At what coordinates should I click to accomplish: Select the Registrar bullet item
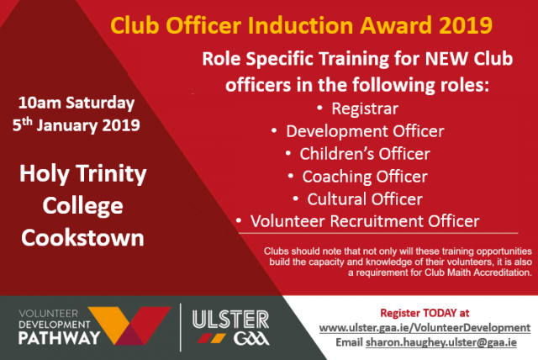tap(365, 109)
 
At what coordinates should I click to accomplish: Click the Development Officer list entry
tap(365, 131)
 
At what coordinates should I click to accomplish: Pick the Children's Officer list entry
tap(365, 154)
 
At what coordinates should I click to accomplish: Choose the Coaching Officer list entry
tap(365, 177)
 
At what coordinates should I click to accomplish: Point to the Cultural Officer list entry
tap(365, 199)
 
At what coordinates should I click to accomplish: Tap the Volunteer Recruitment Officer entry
tap(365, 221)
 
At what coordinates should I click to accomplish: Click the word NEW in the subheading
tap(446, 59)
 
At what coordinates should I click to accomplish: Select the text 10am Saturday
tap(76, 103)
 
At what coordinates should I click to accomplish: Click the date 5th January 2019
tap(76, 125)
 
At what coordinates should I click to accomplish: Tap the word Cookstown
tap(82, 238)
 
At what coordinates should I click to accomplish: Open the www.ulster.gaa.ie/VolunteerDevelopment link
tap(425, 328)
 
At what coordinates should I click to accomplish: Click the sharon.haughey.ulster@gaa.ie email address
tap(441, 342)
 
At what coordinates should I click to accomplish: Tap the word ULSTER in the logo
tap(230, 320)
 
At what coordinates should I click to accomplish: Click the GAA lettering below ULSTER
tap(251, 339)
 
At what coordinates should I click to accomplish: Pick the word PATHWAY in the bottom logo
tap(60, 337)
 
